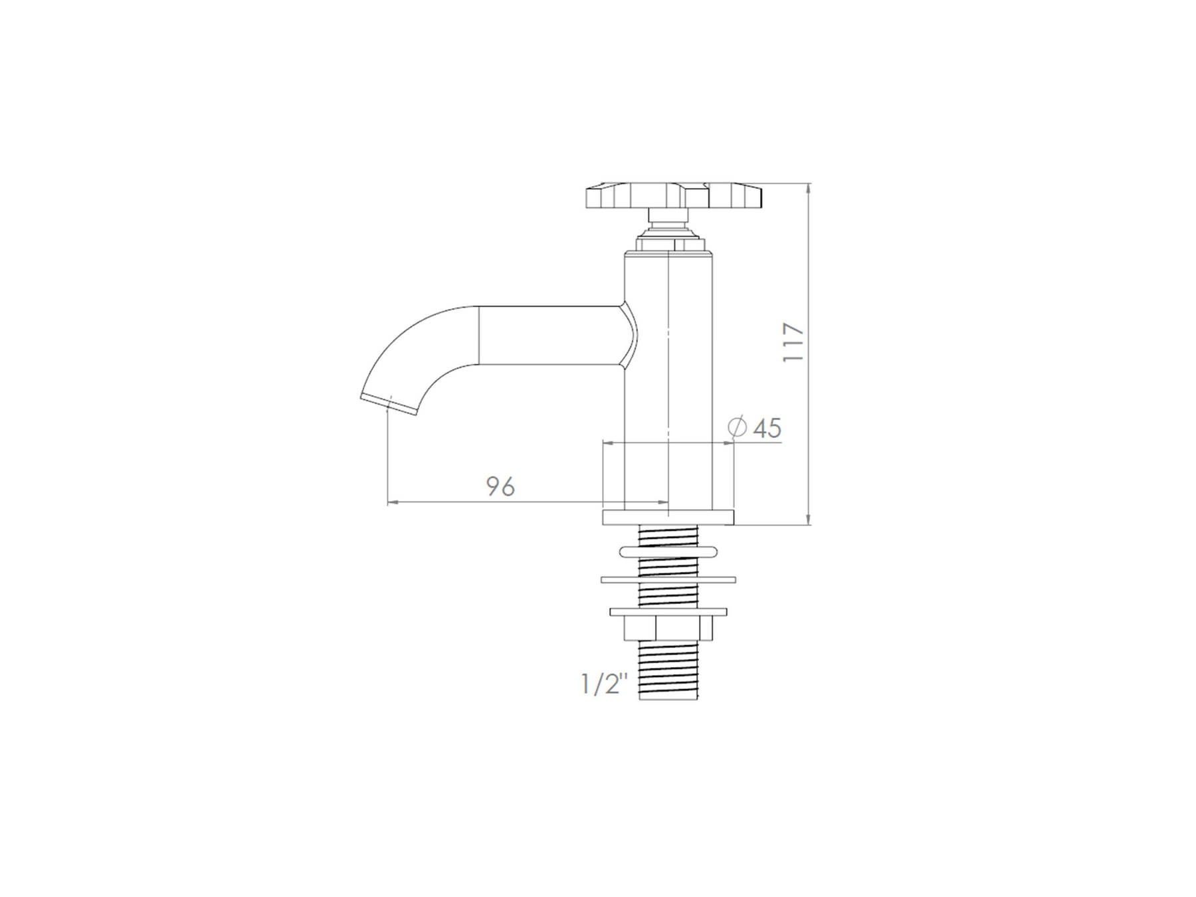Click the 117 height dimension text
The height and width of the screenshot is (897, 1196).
pos(794,342)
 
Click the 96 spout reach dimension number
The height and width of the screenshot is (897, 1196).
pos(500,486)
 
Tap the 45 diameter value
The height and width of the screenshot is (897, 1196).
pos(767,428)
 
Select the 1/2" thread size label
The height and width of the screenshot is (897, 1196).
pos(604,684)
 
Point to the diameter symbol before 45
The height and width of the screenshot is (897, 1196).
pos(738,427)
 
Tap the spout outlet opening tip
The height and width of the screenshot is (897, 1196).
pos(389,405)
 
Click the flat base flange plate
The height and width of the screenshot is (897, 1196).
pos(668,517)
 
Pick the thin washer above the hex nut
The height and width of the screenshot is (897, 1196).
pos(668,611)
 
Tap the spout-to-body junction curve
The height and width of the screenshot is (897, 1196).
pos(629,336)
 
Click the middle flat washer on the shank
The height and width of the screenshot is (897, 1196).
pos(668,579)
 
